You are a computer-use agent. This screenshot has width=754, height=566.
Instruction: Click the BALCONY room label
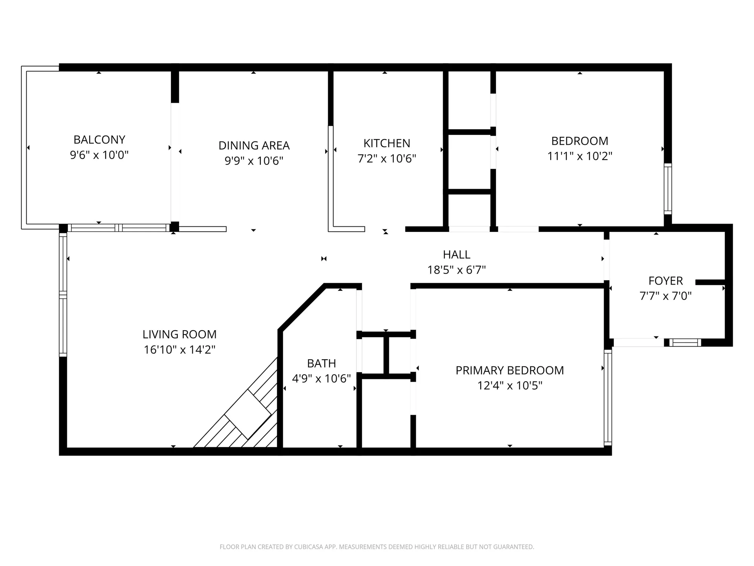click(99, 140)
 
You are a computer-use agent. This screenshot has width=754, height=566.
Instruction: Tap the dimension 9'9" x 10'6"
click(254, 161)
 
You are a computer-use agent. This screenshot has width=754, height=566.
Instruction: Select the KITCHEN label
click(386, 143)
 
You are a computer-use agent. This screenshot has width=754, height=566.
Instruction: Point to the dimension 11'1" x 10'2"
click(580, 156)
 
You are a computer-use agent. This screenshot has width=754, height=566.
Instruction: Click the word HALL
click(456, 255)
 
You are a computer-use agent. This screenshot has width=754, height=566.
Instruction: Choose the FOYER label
click(665, 281)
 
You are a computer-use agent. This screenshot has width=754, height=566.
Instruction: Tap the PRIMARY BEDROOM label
click(509, 370)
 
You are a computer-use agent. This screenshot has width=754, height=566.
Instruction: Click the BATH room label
click(321, 363)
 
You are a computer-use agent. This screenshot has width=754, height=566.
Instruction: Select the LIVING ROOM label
click(179, 334)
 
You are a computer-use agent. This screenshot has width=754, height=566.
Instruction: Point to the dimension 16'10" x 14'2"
click(179, 349)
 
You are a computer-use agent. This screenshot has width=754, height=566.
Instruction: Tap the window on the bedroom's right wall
click(668, 189)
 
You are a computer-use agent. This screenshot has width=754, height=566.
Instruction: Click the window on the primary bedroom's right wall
click(608, 397)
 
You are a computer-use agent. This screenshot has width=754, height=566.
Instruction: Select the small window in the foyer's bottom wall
click(685, 342)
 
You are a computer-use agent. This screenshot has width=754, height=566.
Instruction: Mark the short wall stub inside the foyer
click(710, 282)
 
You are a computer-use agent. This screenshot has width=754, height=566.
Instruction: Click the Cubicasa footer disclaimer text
click(377, 547)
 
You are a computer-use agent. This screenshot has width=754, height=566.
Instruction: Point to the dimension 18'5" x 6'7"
click(456, 270)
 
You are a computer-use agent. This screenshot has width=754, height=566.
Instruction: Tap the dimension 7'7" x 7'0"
click(665, 296)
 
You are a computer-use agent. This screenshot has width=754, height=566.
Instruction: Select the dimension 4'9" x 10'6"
click(321, 379)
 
